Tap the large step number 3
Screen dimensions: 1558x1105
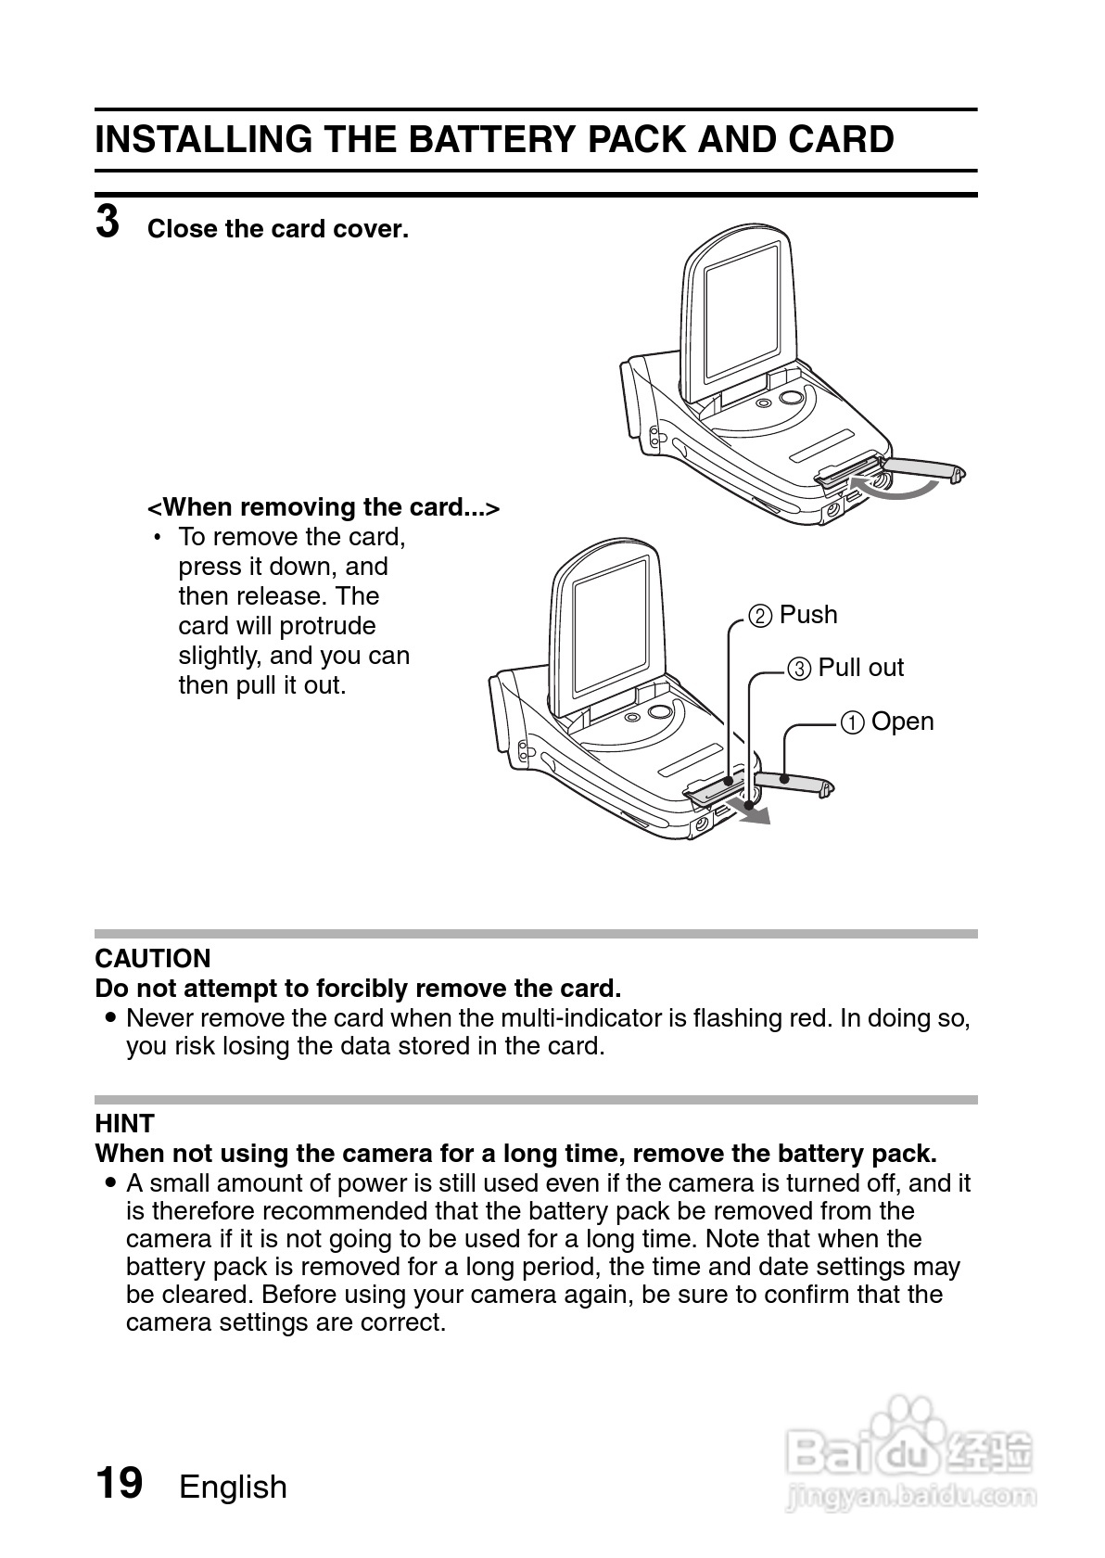click(x=108, y=223)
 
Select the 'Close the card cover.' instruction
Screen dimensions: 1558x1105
click(x=277, y=229)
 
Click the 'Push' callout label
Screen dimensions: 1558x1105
click(x=807, y=615)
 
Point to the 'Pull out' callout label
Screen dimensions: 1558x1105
click(x=860, y=668)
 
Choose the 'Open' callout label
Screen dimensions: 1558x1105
click(x=902, y=722)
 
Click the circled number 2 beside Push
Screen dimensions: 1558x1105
click(x=760, y=616)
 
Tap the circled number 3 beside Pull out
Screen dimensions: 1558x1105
click(x=799, y=669)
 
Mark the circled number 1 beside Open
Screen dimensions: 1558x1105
click(x=853, y=722)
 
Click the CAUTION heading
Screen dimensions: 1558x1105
click(x=153, y=958)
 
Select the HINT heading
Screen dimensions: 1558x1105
click(x=124, y=1123)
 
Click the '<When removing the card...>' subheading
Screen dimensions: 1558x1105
click(x=324, y=507)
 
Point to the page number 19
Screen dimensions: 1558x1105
click(x=120, y=1482)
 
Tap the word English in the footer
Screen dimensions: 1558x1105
click(x=233, y=1487)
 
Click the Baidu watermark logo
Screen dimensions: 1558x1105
click(x=909, y=1447)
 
